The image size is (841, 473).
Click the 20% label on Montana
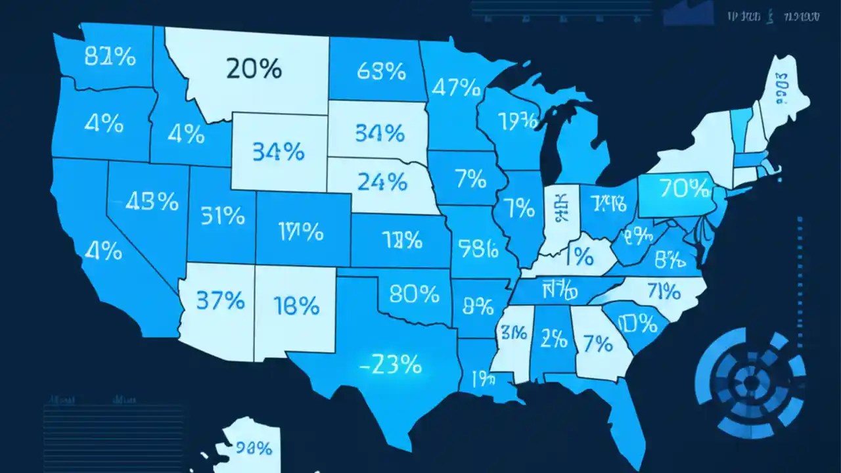[x=254, y=68]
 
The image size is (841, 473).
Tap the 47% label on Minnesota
[x=453, y=87]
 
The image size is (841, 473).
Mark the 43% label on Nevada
[x=152, y=202]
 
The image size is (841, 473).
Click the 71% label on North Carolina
[x=662, y=289]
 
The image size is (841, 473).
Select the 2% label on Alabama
[x=553, y=338]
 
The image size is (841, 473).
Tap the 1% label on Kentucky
[x=578, y=256]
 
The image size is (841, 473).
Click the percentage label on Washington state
[x=110, y=57]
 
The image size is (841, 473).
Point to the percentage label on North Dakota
[x=381, y=71]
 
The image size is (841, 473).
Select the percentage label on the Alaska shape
[x=254, y=448]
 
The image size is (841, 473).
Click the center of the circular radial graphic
[x=750, y=380]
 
